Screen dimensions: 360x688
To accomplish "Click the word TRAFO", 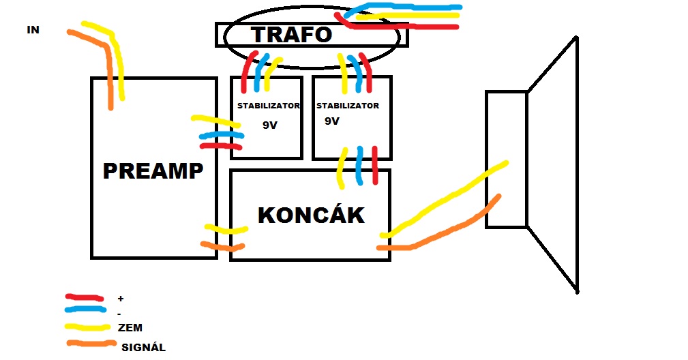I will pyautogui.click(x=291, y=34).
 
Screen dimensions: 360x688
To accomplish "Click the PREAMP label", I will pyautogui.click(x=153, y=170).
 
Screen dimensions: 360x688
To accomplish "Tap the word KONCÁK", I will pyautogui.click(x=311, y=215).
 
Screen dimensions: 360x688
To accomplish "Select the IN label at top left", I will pyautogui.click(x=33, y=30).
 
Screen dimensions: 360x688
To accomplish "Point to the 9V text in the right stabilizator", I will pyautogui.click(x=332, y=121).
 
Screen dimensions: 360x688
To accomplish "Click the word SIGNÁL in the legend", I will pyautogui.click(x=143, y=347).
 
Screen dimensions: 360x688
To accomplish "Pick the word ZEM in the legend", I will pyautogui.click(x=130, y=328).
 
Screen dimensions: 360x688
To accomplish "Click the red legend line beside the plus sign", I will pyautogui.click(x=85, y=297).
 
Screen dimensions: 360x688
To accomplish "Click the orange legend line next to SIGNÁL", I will pyautogui.click(x=89, y=343).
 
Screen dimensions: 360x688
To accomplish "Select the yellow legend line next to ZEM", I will pyautogui.click(x=87, y=327).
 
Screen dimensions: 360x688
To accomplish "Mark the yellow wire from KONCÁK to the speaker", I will pyautogui.click(x=443, y=201).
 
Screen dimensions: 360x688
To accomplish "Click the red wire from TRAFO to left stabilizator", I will pyautogui.click(x=248, y=72).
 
